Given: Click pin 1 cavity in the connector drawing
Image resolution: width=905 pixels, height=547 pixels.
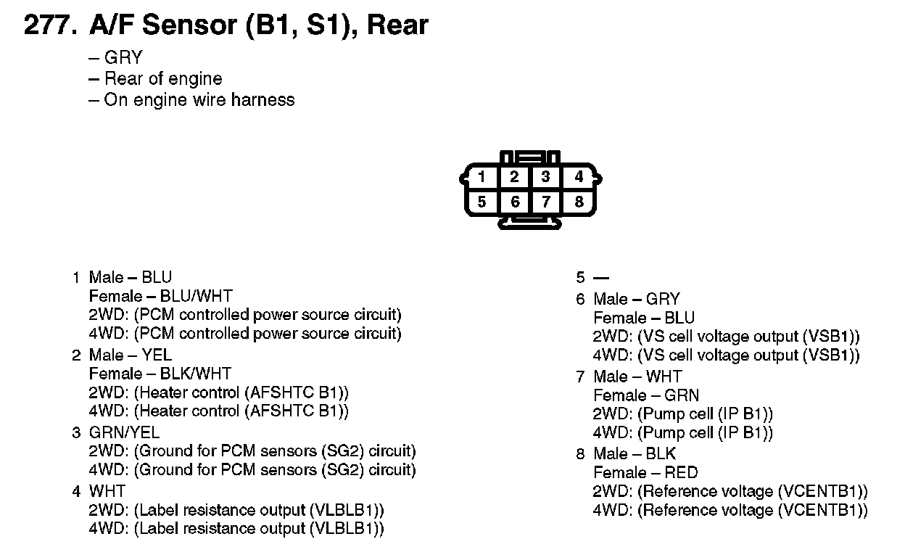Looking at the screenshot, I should point(482,177).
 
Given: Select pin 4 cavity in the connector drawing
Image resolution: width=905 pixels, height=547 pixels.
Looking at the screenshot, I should point(578,177).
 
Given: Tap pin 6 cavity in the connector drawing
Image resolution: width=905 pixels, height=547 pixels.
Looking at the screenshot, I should point(514,202).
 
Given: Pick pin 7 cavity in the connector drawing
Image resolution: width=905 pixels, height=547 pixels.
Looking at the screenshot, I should point(546,202).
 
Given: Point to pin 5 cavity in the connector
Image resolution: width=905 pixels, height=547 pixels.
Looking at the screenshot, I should point(482,202).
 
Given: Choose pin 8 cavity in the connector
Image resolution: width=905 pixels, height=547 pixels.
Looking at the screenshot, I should point(578,202).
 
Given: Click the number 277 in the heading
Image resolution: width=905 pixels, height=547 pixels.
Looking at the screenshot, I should point(46,25).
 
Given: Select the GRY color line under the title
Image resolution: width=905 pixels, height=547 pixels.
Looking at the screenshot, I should point(123,58).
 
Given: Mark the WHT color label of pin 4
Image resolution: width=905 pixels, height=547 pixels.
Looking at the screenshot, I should point(107,491).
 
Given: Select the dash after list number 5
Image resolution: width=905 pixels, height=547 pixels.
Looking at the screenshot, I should point(601,278).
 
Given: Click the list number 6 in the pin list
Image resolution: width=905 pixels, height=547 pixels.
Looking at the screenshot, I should point(580,299).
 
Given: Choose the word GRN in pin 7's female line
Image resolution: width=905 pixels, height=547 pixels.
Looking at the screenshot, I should point(682,395).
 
